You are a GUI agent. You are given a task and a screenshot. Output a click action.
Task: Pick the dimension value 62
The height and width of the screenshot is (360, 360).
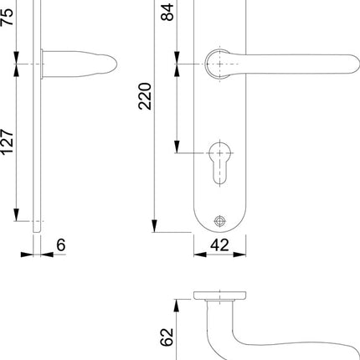point(166,337)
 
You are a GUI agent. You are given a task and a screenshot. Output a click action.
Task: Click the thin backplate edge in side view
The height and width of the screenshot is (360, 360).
point(36,126)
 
